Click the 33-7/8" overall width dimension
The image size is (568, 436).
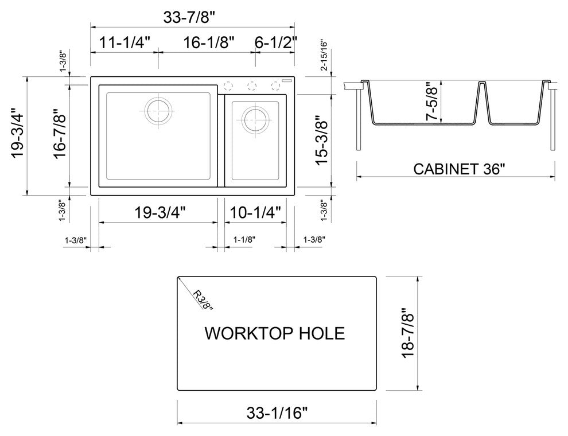tap(192, 17)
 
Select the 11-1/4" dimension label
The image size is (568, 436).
tap(125, 42)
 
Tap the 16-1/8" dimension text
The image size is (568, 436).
tap(209, 42)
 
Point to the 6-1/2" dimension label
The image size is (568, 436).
tap(276, 42)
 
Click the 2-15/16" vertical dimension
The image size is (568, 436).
tap(324, 55)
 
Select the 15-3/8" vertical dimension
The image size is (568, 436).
tap(322, 141)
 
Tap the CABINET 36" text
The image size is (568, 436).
tap(459, 169)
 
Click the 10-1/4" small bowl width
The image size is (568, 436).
tap(255, 213)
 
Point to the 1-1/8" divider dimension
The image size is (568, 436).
tap(244, 239)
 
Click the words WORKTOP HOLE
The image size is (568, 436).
tap(275, 333)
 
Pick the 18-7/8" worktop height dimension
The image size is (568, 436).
tap(407, 333)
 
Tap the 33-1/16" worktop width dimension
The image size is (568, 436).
tap(277, 412)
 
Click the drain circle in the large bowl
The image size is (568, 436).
tap(158, 110)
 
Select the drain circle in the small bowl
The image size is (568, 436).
tap(256, 119)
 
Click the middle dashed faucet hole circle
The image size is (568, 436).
tap(252, 86)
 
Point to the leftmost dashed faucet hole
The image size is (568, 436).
tap(228, 86)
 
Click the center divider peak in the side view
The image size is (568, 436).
tap(482, 83)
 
